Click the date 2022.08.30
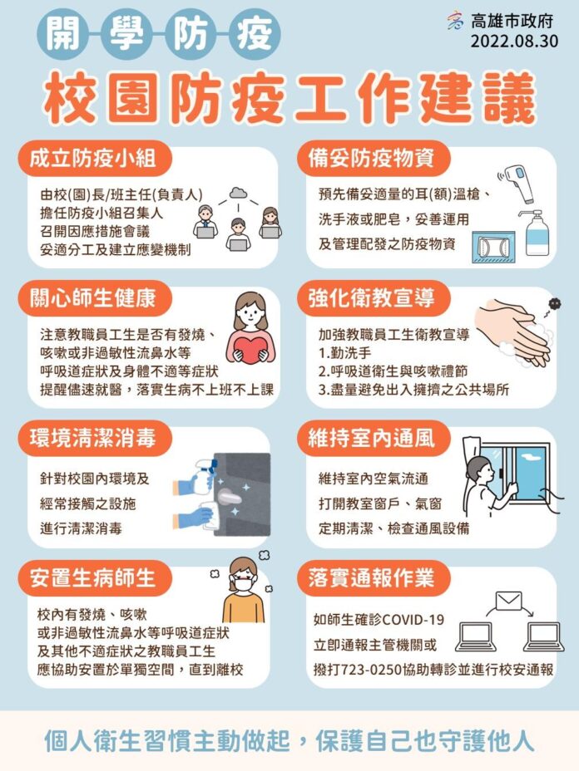click(x=514, y=41)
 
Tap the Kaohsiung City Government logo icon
click(x=455, y=21)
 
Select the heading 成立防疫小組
click(x=92, y=159)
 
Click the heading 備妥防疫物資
click(x=372, y=159)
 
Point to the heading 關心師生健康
click(x=92, y=298)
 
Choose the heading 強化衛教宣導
click(x=372, y=298)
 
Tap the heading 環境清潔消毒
click(x=92, y=438)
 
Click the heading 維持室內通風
click(x=372, y=438)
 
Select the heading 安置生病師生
click(x=92, y=577)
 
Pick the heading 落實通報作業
click(x=372, y=577)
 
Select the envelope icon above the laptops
click(x=508, y=601)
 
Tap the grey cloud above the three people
click(x=238, y=192)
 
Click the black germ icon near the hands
click(x=555, y=304)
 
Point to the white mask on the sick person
click(x=245, y=584)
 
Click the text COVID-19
click(x=413, y=620)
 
